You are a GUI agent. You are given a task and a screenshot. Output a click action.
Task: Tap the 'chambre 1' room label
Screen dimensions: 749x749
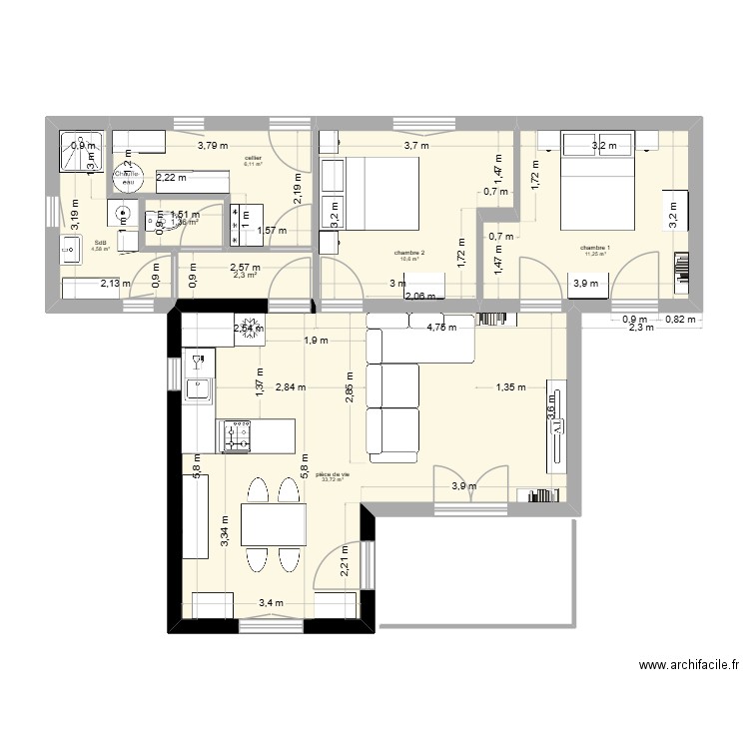(595, 249)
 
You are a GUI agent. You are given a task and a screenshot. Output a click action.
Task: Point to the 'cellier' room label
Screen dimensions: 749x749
(253, 159)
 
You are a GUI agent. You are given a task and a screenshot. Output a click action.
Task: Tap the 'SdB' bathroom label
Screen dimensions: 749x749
(101, 242)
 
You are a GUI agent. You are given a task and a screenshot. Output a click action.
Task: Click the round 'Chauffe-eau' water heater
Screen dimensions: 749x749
(127, 175)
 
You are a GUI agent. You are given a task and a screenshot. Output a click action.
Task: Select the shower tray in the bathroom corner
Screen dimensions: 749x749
(78, 152)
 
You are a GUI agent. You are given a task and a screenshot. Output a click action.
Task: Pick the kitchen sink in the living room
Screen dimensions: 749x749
(199, 387)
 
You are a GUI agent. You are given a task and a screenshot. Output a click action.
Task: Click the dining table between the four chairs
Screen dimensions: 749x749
(274, 528)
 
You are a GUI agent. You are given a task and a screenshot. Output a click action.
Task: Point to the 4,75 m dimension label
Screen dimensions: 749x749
(441, 326)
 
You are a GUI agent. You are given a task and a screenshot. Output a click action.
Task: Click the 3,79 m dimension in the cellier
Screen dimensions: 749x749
(213, 146)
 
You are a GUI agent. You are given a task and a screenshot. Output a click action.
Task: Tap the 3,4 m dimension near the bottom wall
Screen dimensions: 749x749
(271, 602)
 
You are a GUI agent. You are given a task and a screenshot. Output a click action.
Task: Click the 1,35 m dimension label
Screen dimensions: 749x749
(510, 387)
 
